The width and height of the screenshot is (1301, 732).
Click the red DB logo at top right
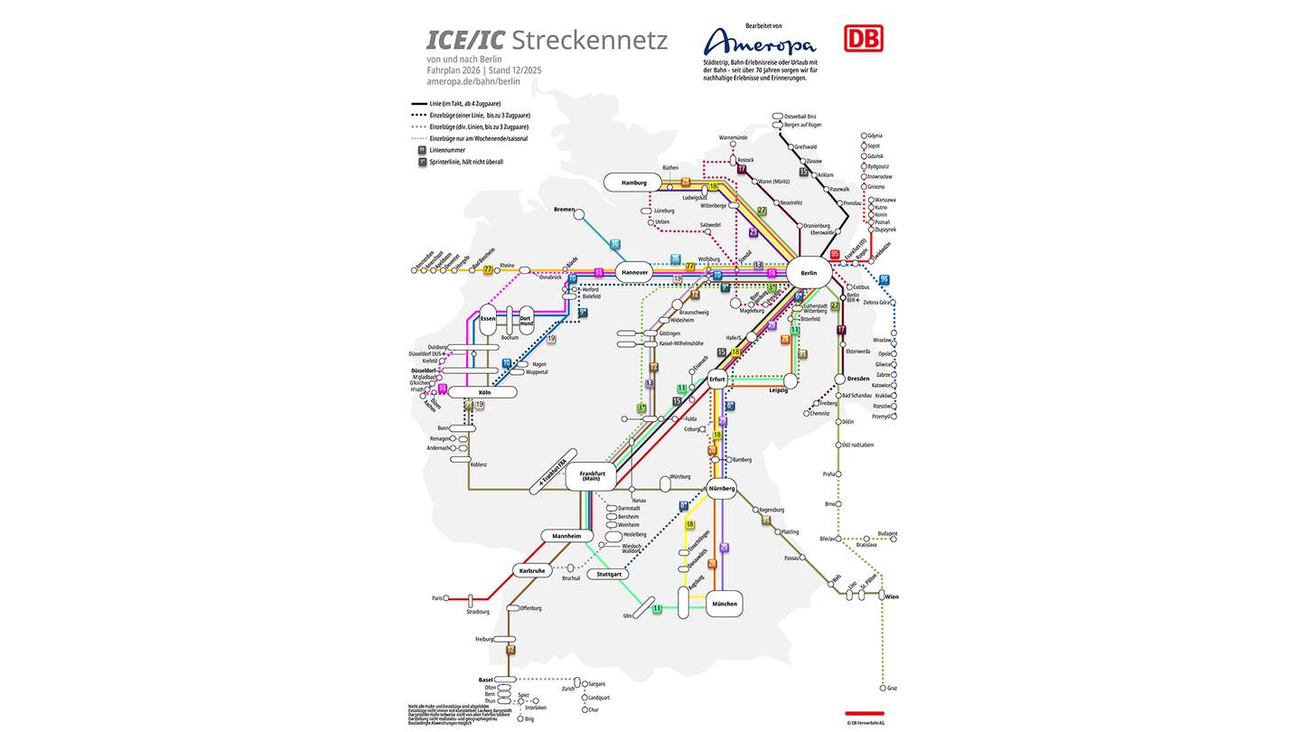pos(864,38)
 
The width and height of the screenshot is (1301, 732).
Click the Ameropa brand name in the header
pos(759,42)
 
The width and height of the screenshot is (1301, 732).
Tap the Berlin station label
pos(808,272)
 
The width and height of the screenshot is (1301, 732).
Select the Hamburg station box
pos(634,183)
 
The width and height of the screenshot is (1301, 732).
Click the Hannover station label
pos(634,272)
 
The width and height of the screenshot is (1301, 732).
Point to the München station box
pos(724,604)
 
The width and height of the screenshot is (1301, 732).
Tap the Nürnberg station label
pos(722,488)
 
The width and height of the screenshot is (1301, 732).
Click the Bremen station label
pos(564,210)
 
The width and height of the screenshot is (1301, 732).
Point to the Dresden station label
pos(859,379)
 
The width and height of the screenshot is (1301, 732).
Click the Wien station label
pos(892,596)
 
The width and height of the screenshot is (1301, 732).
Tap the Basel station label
pos(486,680)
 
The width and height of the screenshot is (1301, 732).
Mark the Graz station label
pos(892,689)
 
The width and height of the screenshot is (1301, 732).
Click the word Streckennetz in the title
pos(589,41)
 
